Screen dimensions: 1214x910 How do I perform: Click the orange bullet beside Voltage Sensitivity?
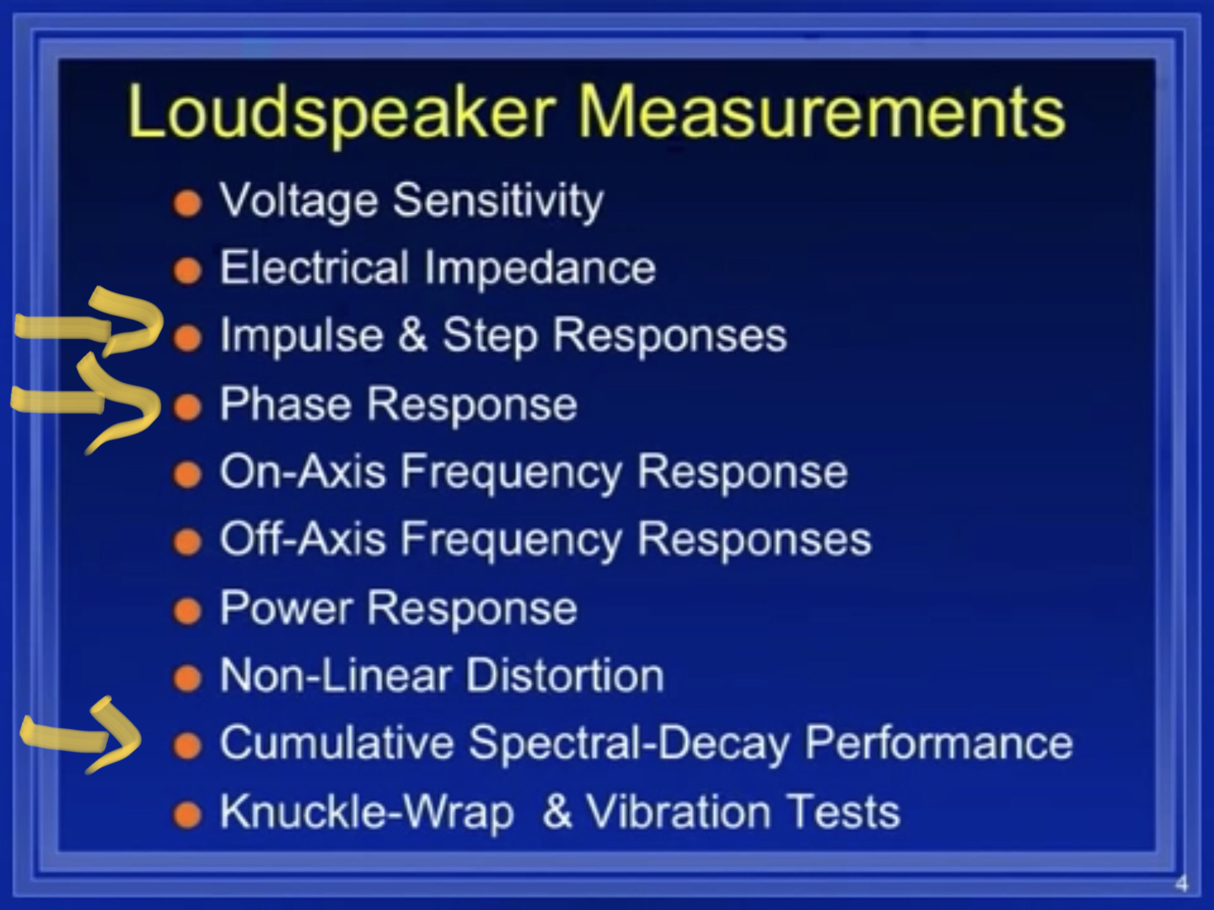(188, 203)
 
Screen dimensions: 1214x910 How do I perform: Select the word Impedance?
(540, 268)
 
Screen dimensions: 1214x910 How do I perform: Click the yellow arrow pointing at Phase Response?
(87, 403)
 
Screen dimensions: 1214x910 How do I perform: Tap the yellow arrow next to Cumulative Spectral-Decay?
(81, 735)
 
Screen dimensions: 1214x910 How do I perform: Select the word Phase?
(285, 403)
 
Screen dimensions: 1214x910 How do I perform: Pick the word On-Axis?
(303, 472)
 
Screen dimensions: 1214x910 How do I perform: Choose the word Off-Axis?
(303, 539)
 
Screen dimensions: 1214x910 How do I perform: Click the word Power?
(286, 607)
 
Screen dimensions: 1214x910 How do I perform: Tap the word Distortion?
(565, 675)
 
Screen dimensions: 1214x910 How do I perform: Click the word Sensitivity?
(499, 201)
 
